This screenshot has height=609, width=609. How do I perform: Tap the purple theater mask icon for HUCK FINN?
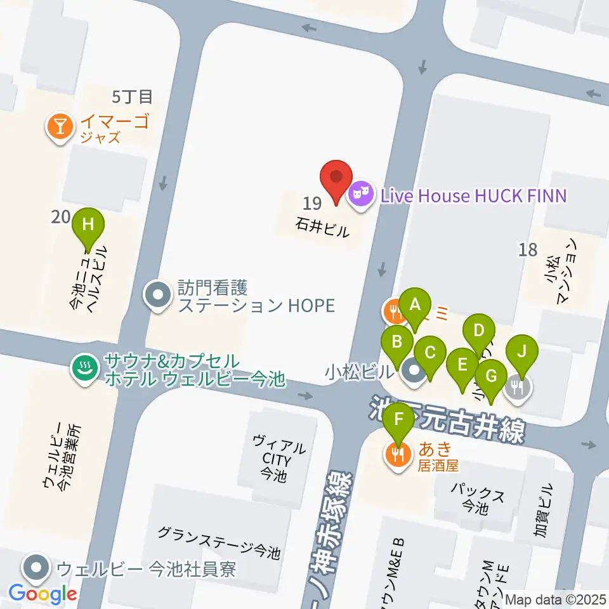coord(361,192)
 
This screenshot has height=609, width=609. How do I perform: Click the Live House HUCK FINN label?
coord(473,195)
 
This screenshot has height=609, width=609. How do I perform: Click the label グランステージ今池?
coord(219,542)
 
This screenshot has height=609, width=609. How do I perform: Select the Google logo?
coord(43,593)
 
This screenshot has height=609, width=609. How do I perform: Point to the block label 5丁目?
coord(132,96)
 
